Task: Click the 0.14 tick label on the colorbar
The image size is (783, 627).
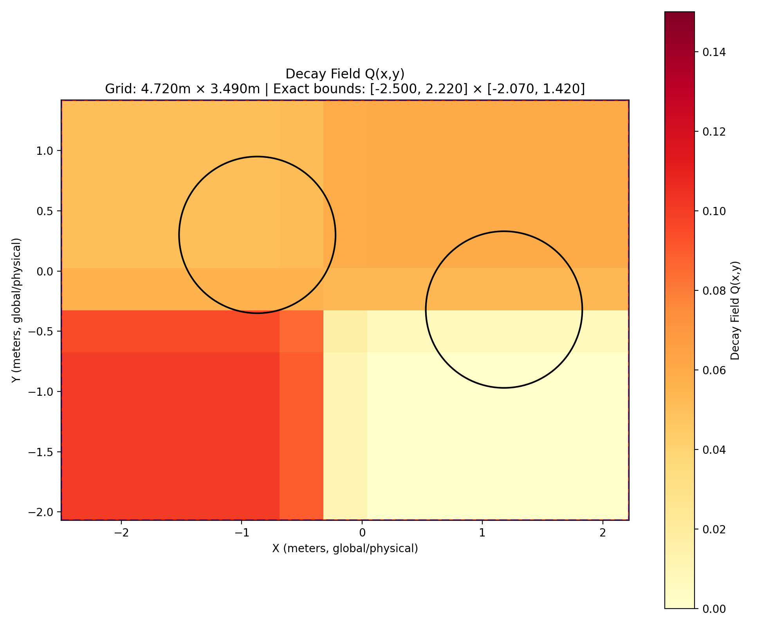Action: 714,52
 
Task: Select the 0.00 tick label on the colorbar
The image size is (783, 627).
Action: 714,609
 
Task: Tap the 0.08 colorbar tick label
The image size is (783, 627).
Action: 714,291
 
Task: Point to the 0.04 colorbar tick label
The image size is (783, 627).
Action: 714,449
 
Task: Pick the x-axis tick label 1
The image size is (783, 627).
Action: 482,533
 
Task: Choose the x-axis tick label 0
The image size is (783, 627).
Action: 362,533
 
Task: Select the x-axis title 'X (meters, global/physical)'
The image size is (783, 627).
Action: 345,549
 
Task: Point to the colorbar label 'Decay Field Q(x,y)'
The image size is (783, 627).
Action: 735,310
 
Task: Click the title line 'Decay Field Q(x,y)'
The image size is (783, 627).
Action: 345,74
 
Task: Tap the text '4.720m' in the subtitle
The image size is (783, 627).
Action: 161,89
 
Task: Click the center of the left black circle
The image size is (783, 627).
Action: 257,235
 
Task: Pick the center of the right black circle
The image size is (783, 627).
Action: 504,310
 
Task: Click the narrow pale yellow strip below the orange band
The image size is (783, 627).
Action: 345,415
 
